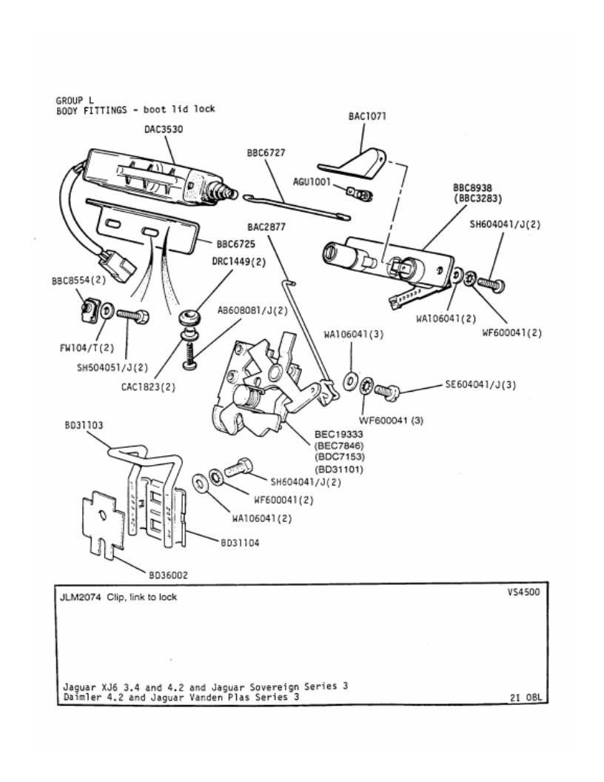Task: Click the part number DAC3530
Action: pos(164,130)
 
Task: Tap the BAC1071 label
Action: pos(367,116)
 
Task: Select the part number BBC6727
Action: pos(266,153)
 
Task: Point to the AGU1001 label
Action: pos(312,182)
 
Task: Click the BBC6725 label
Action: pos(235,244)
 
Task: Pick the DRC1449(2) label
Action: pos(239,262)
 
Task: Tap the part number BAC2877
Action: pos(266,227)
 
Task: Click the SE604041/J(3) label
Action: pos(480,384)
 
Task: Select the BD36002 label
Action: pos(169,575)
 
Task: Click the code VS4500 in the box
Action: pos(523,592)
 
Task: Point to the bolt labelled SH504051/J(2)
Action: pos(132,315)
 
